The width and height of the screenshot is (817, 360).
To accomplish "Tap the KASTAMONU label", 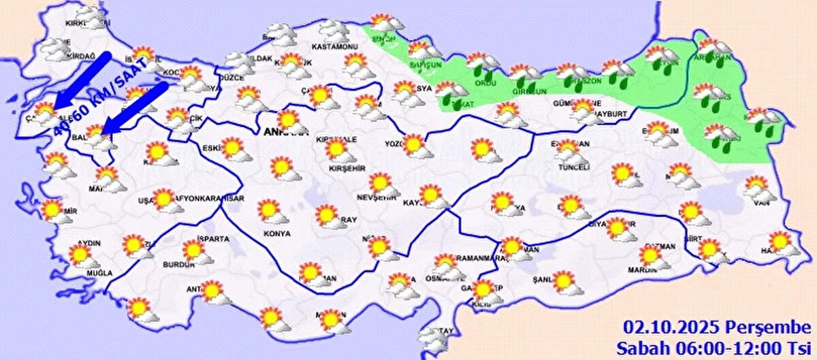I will tap(334, 47).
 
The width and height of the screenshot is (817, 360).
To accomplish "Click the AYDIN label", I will tap(90, 243).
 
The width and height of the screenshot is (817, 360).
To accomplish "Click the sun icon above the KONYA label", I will tap(270, 210).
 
